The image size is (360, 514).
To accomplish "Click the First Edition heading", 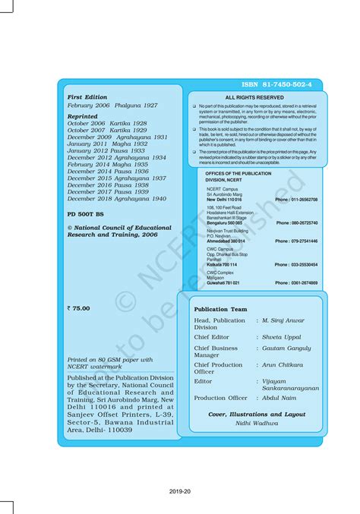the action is coord(87,97).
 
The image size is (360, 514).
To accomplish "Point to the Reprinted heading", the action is coord(82,116).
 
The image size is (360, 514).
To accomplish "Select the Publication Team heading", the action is coord(220,310).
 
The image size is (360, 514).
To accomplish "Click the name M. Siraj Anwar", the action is coord(288,320).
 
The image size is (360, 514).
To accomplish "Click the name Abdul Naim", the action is coord(279,398).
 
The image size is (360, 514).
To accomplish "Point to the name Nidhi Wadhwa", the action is coord(257,424).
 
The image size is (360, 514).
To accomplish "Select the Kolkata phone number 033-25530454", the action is coord(295,265).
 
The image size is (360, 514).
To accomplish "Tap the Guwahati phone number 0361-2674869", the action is coord(295,282).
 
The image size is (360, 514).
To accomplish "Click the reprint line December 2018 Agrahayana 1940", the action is coord(116,198).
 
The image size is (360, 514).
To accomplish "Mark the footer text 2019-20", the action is coord(180,491).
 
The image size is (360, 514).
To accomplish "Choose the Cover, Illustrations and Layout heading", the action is coord(257,415).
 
